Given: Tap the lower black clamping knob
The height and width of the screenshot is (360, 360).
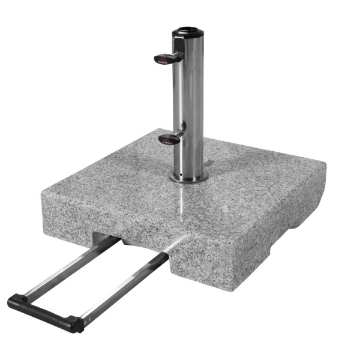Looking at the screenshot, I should (x=168, y=139).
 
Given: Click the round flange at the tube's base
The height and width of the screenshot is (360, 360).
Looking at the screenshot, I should (x=188, y=178).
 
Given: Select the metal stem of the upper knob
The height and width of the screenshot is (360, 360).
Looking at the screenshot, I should (x=178, y=55).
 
